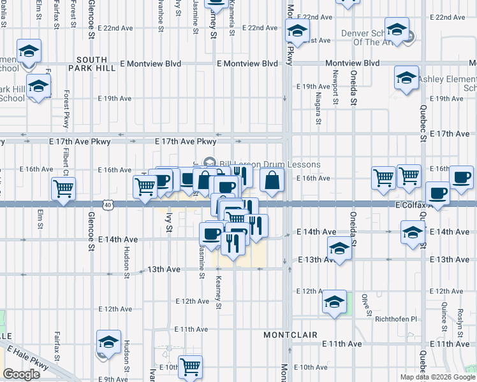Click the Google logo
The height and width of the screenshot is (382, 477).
coord(21,374)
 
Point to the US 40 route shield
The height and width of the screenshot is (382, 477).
coord(108,204)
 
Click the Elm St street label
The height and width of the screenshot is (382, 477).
coord(40,220)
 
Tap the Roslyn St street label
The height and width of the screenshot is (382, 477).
coord(460,319)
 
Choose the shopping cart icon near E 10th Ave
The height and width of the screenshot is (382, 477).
coord(190,366)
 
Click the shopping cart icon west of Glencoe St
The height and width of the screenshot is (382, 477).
coord(63,188)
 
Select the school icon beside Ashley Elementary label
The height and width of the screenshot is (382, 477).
coord(406,78)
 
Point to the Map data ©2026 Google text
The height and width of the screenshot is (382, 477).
coord(437,377)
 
